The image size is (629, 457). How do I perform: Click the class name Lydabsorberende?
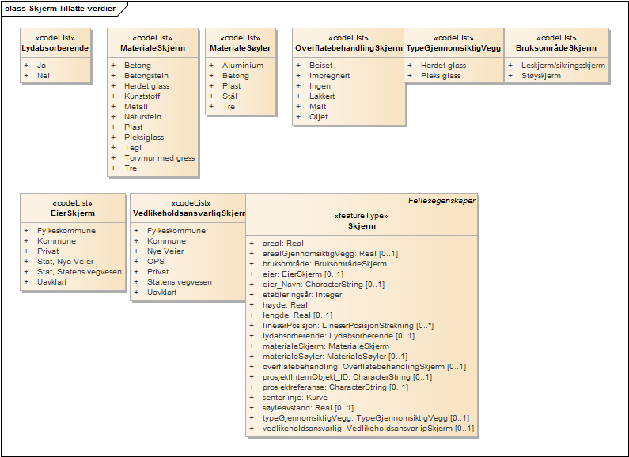tap(55, 49)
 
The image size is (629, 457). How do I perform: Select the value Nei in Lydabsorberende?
tap(43, 76)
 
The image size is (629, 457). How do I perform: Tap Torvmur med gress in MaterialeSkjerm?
tap(160, 158)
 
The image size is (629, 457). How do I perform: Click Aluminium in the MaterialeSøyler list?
tap(243, 66)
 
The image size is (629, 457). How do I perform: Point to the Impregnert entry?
tap(330, 76)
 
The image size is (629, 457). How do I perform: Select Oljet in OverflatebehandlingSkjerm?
tap(319, 117)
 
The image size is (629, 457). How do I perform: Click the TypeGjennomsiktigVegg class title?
tap(454, 49)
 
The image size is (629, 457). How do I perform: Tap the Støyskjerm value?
tap(541, 76)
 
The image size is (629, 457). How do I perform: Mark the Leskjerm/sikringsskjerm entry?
tap(564, 66)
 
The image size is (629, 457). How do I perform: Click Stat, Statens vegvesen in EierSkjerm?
tap(79, 271)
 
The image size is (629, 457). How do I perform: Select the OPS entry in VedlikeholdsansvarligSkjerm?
tap(156, 262)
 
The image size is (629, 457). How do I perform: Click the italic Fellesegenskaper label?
tap(441, 201)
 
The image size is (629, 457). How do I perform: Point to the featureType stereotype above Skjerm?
tap(362, 215)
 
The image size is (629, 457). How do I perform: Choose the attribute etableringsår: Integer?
tap(302, 294)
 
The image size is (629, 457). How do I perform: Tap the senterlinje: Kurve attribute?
tap(294, 397)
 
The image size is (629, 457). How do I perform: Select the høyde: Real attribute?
tap(285, 304)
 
